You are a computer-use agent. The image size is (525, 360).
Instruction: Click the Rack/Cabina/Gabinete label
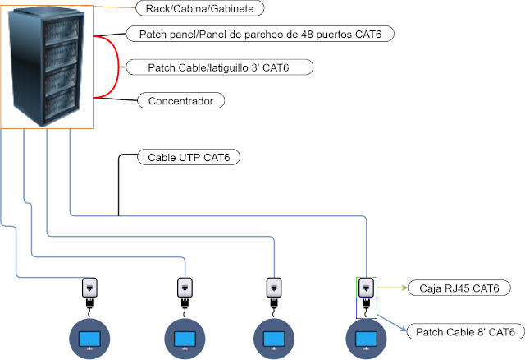click(200, 8)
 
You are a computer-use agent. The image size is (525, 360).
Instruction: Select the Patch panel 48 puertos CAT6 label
click(260, 34)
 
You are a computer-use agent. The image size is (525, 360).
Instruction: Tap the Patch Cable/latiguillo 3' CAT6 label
click(219, 67)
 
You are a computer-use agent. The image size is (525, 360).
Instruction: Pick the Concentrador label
click(180, 100)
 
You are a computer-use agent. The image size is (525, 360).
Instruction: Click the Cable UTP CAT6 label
click(189, 157)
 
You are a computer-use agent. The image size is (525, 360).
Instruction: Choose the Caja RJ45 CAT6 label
click(459, 288)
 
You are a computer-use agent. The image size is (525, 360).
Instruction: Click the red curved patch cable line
click(118, 67)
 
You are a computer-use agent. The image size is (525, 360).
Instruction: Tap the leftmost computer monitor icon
click(89, 339)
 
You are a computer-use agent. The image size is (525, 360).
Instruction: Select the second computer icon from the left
click(185, 339)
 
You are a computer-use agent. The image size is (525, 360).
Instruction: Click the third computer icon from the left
click(274, 339)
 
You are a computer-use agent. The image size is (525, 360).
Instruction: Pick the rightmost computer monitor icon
click(366, 339)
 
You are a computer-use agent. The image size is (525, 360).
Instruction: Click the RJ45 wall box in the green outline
click(367, 288)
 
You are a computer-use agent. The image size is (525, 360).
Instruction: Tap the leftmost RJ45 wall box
click(89, 288)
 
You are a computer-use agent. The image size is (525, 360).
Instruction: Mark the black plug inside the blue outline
click(366, 303)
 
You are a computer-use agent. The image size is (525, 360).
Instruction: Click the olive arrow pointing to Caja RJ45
click(392, 288)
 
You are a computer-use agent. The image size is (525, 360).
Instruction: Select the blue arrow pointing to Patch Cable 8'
click(392, 323)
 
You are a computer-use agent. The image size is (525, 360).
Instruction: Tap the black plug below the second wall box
click(185, 303)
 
